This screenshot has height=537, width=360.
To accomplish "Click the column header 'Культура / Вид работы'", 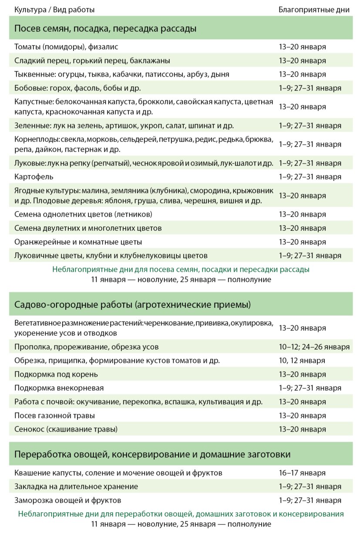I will [54, 10].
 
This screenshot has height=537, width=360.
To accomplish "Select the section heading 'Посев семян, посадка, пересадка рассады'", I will [105, 29].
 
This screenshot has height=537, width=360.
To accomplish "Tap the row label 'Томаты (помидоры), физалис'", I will [66, 47].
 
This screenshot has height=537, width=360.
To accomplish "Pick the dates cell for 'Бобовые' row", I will [310, 88].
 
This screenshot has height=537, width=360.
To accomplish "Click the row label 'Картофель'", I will [31, 177].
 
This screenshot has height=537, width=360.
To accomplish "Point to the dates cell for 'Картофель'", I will [310, 177].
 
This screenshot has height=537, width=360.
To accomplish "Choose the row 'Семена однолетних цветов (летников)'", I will [83, 214].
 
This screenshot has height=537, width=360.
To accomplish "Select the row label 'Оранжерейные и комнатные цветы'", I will [78, 242].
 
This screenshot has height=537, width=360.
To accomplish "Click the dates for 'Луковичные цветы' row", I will [310, 256].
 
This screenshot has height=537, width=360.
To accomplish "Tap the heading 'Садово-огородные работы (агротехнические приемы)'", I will [132, 304].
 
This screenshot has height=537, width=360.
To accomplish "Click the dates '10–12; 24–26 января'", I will [314, 347].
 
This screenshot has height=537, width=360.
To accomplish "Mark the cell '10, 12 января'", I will [302, 360].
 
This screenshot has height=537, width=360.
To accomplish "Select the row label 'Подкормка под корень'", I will [56, 374].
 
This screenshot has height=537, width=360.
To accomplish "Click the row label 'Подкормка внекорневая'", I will [59, 388].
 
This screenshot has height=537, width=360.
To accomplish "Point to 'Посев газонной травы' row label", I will [54, 415].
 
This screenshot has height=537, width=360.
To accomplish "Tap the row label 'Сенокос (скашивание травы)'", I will [66, 429].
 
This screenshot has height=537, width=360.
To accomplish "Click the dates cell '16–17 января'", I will [302, 473].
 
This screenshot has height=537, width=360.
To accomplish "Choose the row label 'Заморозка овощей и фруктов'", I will [67, 500].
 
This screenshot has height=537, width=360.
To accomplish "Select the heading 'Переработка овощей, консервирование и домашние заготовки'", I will [152, 455].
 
